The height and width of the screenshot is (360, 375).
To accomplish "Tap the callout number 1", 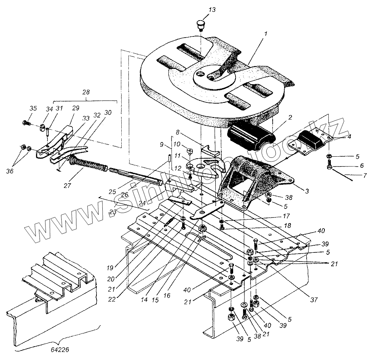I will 266,34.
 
